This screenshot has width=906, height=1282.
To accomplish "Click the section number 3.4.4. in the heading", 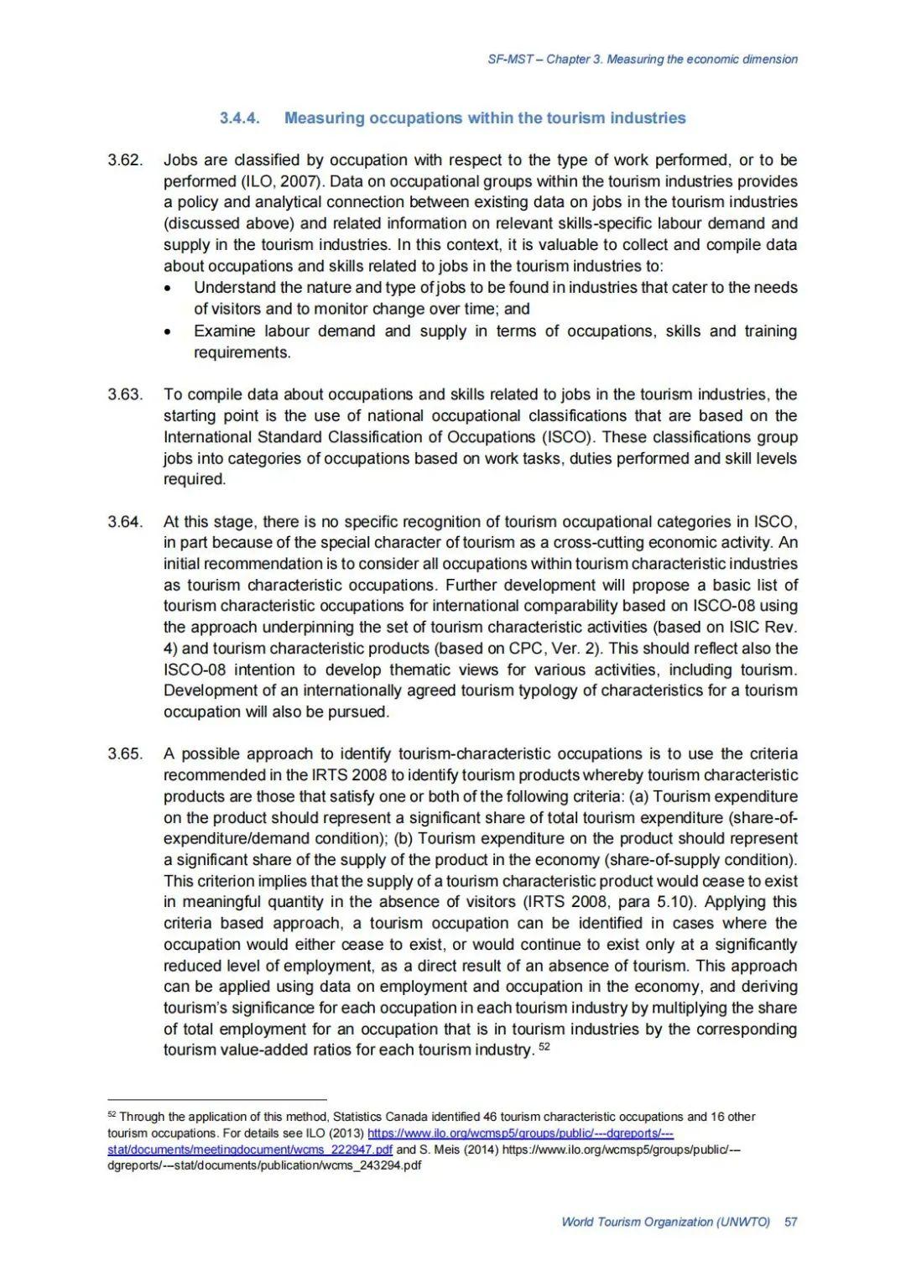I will tap(239, 118).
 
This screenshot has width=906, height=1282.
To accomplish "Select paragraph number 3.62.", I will tap(125, 160).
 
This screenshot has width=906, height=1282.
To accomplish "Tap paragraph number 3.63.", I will tap(125, 394).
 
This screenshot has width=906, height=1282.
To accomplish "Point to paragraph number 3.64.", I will tap(125, 522).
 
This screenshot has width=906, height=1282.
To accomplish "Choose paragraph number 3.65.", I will tap(125, 753).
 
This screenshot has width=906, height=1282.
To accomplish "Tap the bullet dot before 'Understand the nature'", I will tap(169, 288).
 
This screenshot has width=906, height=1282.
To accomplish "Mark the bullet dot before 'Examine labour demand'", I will tap(169, 331).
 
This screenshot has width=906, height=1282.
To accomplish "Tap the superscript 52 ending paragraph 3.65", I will tap(544, 1047).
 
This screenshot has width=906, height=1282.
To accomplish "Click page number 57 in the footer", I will tap(790, 1222).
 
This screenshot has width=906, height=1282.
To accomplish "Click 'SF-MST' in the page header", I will tap(510, 60).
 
